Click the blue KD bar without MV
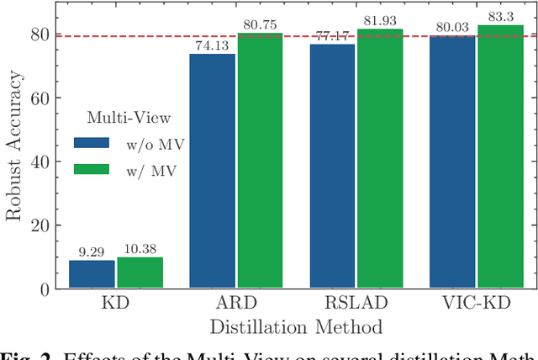click(92, 274)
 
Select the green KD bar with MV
click(140, 273)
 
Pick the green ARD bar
click(260, 161)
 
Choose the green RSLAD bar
click(380, 159)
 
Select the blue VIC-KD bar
click(452, 162)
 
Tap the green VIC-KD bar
click(500, 157)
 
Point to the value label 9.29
click(92, 251)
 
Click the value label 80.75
click(260, 25)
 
